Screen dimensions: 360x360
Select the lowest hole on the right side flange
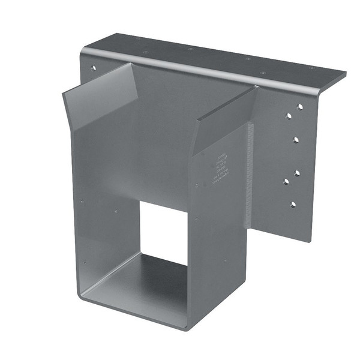[x=293, y=205]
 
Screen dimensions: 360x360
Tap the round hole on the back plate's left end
[x=93, y=68]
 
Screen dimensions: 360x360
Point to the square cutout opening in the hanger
[x=164, y=231]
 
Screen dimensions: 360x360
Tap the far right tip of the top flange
[x=344, y=75]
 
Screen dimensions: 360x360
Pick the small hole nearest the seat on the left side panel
[x=84, y=261]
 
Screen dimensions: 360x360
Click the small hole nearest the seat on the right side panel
[x=225, y=260]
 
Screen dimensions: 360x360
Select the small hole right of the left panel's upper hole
[x=116, y=210]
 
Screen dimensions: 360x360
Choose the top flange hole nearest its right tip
[x=311, y=68]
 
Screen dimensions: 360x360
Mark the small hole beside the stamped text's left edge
[x=196, y=185]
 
